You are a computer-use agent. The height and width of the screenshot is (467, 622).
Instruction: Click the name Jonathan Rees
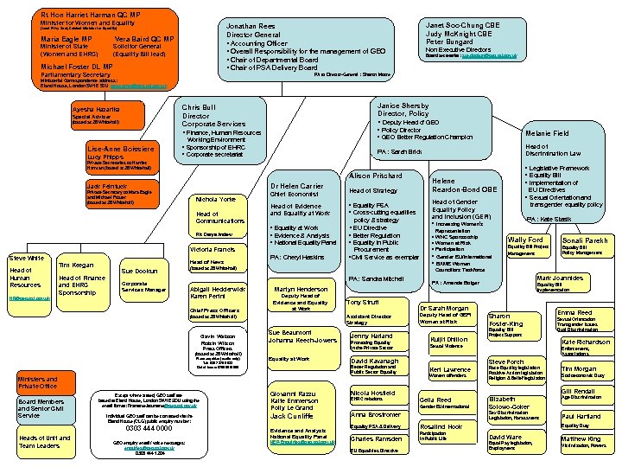point(252,27)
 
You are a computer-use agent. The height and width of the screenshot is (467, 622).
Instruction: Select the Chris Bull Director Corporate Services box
point(232,130)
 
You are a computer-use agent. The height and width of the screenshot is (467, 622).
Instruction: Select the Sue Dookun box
point(143,280)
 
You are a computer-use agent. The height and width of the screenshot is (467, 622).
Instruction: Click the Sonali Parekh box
point(586,247)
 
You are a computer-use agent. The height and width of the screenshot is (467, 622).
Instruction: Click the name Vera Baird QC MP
point(143,39)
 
